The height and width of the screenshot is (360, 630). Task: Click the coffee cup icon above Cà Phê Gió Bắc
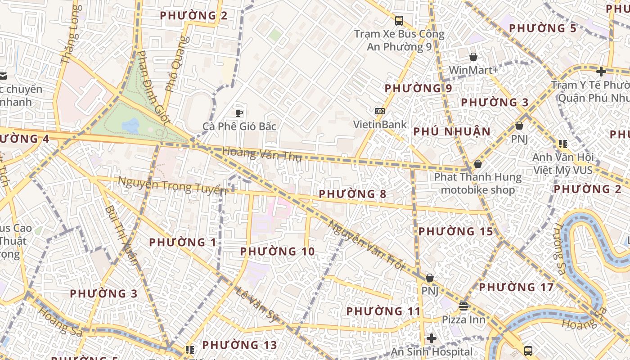pyautogui.click(x=239, y=113)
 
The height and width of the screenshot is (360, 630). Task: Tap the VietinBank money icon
pyautogui.click(x=379, y=111)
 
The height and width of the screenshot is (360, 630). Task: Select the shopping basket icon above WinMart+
pyautogui.click(x=473, y=57)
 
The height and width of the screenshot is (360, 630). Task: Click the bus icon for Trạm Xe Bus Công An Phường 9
pyautogui.click(x=399, y=20)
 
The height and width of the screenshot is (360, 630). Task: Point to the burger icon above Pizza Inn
pyautogui.click(x=463, y=306)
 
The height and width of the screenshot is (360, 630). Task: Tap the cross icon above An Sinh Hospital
pyautogui.click(x=432, y=338)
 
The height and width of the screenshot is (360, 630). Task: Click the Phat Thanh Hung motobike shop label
pyautogui.click(x=477, y=183)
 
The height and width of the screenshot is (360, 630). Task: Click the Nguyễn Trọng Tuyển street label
pyautogui.click(x=172, y=185)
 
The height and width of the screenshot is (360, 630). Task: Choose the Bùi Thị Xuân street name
pyautogui.click(x=121, y=235)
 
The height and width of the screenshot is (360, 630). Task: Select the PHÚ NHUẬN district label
pyautogui.click(x=451, y=131)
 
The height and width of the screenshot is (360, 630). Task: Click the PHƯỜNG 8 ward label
pyautogui.click(x=352, y=194)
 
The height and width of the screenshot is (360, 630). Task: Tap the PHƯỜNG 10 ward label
pyautogui.click(x=277, y=252)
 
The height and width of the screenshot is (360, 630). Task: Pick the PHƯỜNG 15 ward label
pyautogui.click(x=455, y=231)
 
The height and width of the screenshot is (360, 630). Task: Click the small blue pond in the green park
pyautogui.click(x=130, y=125)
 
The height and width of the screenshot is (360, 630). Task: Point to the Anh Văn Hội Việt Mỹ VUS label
pyautogui.click(x=562, y=164)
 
